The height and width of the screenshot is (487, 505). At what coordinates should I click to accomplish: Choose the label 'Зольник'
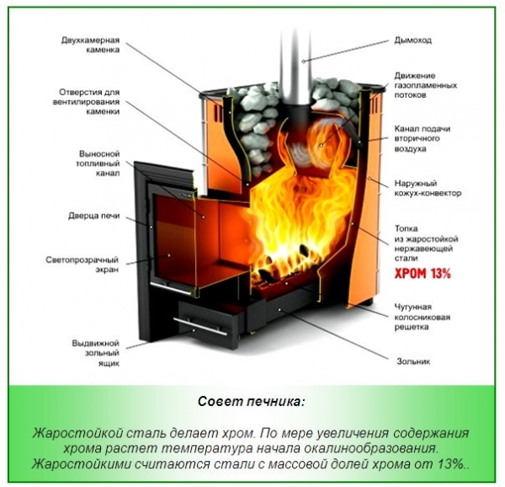(x=412, y=361)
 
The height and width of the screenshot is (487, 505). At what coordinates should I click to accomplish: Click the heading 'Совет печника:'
(x=251, y=400)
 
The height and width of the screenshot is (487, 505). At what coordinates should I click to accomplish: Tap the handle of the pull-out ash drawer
(x=202, y=325)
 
